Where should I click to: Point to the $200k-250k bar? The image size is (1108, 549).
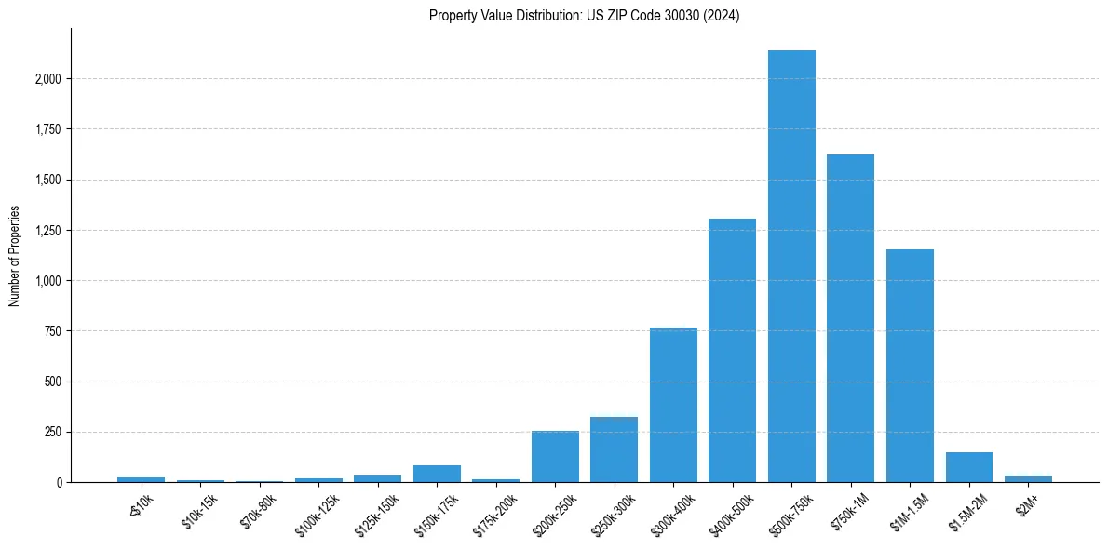555,457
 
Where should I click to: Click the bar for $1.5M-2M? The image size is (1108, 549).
968,467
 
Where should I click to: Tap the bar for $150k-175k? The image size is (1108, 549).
437,474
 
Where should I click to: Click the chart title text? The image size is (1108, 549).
584,16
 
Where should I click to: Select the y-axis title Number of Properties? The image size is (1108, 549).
15,256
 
